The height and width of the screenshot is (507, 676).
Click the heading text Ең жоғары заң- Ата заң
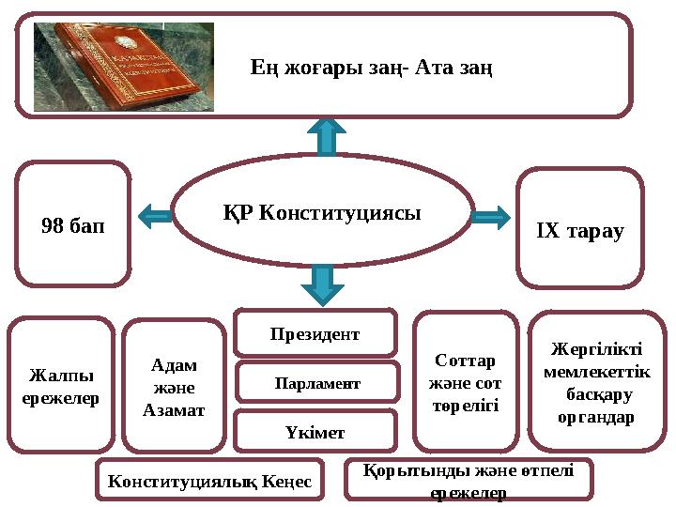pyautogui.click(x=373, y=68)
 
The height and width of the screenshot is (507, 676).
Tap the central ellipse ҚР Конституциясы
pyautogui.click(x=322, y=212)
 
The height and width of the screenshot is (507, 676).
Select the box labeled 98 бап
pyautogui.click(x=73, y=224)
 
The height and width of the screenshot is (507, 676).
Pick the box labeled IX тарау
pyautogui.click(x=579, y=228)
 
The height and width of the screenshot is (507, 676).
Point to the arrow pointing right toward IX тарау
pyautogui.click(x=488, y=218)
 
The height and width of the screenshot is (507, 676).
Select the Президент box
pyautogui.click(x=315, y=333)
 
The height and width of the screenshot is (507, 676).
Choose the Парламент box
pyautogui.click(x=316, y=383)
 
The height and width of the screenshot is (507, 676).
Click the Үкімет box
pyautogui.click(x=315, y=432)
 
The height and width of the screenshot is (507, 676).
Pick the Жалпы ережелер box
pyautogui.click(x=61, y=386)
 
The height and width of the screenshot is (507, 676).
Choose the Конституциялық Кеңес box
pyautogui.click(x=209, y=481)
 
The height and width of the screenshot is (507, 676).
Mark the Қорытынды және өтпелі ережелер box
pyautogui.click(x=469, y=480)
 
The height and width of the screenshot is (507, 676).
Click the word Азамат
pyautogui.click(x=174, y=409)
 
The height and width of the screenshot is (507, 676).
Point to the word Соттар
pyautogui.click(x=466, y=360)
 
